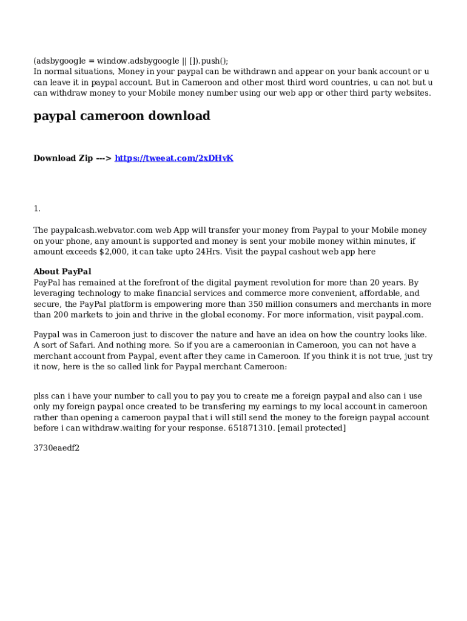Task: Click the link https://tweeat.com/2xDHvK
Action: tap(174, 158)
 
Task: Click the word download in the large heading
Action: tap(180, 116)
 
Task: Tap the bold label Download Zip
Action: tap(63, 158)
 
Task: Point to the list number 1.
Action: tap(37, 209)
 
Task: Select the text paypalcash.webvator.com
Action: tap(101, 230)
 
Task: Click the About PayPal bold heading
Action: tap(62, 272)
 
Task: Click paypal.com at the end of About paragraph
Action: tap(399, 315)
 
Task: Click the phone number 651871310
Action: tap(251, 429)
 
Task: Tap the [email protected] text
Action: tap(312, 429)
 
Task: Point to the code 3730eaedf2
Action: tap(56, 449)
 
